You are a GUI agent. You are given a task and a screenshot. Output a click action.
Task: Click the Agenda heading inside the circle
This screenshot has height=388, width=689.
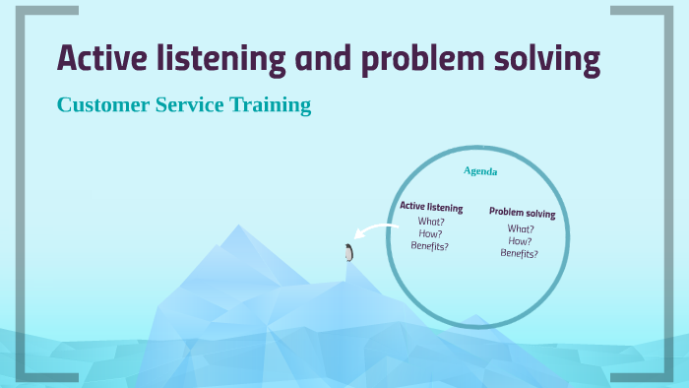pos(480,171)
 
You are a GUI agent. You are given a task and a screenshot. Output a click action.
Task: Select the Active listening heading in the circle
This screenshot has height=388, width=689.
pos(431,207)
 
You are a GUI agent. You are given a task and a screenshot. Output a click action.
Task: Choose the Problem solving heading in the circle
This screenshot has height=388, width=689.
pos(522,213)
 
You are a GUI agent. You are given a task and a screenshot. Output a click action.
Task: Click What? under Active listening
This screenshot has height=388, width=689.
pos(431,222)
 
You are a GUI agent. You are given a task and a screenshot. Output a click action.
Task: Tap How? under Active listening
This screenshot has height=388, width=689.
pos(430,233)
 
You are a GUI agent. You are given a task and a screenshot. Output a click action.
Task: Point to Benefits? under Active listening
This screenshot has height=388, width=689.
pos(430,245)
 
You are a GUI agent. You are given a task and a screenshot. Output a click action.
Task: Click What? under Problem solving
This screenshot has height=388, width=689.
pos(521,228)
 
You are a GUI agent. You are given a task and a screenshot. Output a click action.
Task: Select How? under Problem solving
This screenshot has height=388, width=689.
pos(520,240)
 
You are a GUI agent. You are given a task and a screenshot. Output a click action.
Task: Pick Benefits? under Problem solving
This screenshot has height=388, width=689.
pos(519,253)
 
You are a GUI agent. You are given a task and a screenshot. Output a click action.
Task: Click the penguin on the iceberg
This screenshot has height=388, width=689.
pos(348,252)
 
